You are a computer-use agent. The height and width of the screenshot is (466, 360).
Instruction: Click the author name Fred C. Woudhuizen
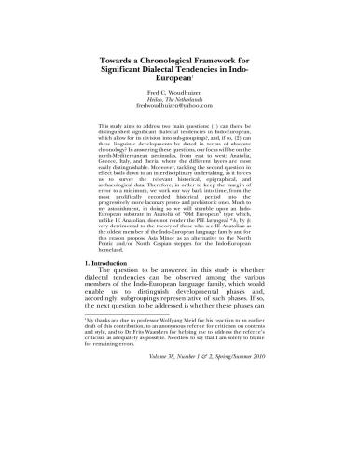point(179,97)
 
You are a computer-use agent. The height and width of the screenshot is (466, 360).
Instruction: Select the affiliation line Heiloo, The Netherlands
point(179,104)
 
